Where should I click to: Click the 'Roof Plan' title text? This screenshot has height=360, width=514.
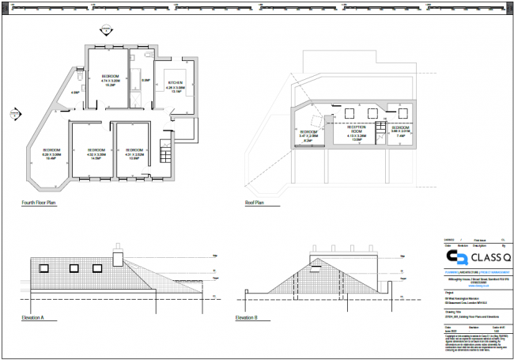[255, 203]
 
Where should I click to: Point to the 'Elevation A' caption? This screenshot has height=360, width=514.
[33, 317]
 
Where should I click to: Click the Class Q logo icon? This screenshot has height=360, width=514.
[455, 258]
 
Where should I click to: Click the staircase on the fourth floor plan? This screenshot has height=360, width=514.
[164, 150]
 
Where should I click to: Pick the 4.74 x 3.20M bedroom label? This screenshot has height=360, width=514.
[110, 78]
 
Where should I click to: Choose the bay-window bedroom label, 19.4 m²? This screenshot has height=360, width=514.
[52, 153]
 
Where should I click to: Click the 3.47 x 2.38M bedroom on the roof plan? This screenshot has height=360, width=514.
[308, 136]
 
